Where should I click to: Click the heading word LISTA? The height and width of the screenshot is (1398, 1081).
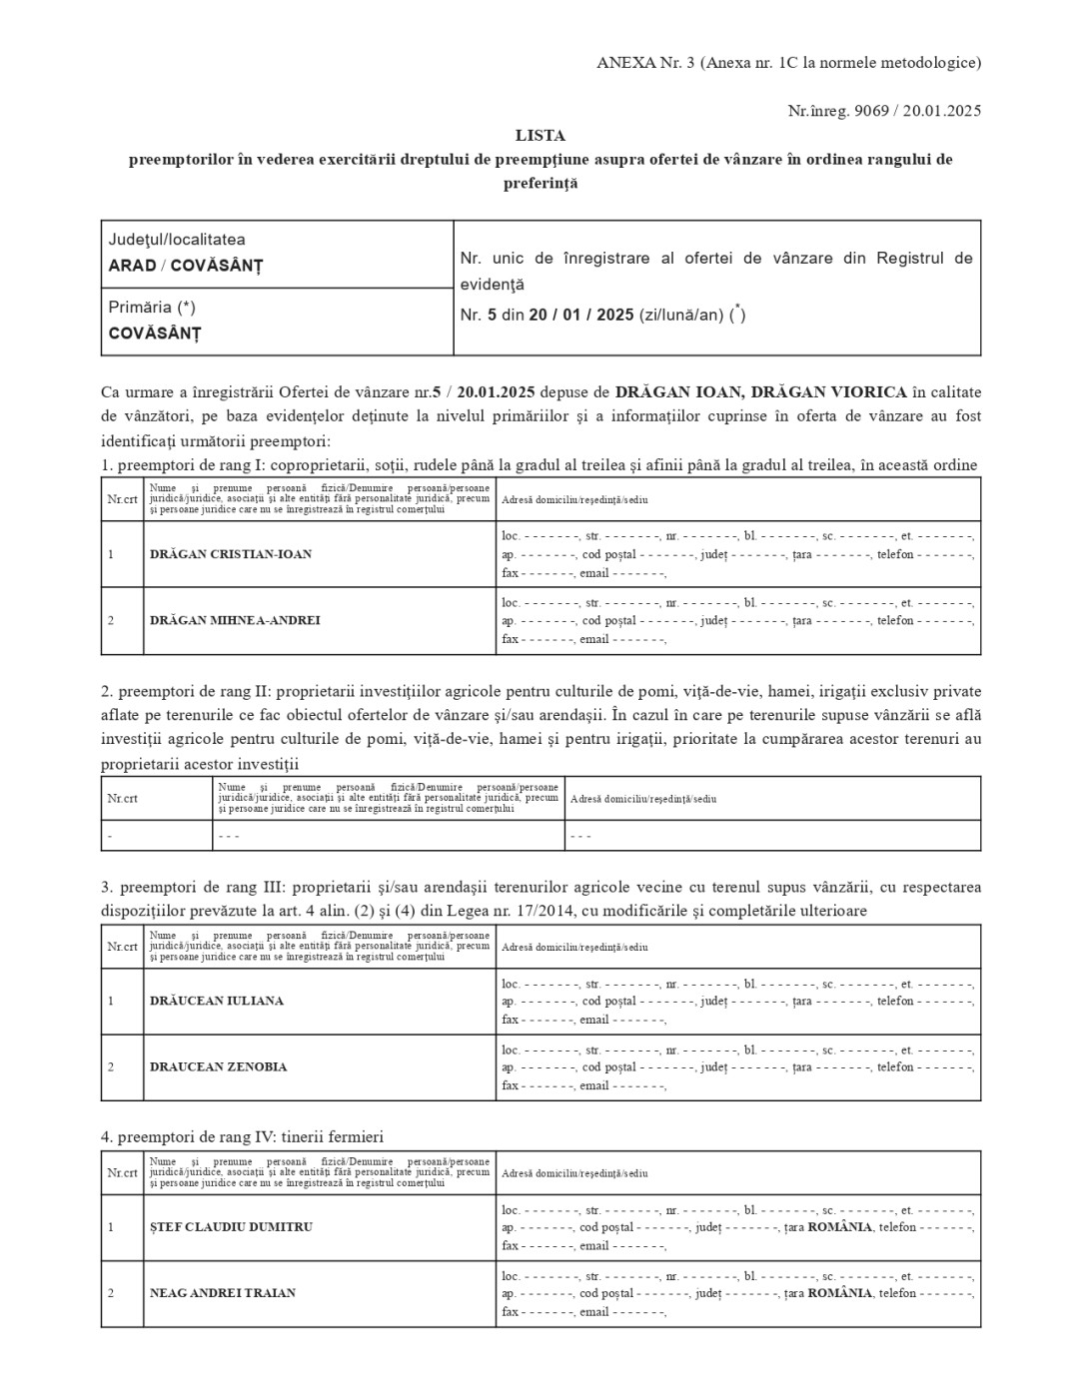point(540,135)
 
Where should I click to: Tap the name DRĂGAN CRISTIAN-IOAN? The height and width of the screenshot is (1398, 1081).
point(231,554)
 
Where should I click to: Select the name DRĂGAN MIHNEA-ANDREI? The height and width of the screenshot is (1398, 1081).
point(235,620)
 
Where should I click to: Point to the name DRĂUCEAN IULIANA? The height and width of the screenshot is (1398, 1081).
point(217,1001)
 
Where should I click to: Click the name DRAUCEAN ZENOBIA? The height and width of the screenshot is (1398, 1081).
point(218,1066)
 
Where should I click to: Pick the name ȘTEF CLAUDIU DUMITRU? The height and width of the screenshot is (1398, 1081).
point(231,1227)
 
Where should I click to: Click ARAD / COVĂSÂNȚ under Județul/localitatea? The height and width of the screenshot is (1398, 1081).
point(186,266)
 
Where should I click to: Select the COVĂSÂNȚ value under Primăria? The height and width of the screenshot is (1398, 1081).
point(155,334)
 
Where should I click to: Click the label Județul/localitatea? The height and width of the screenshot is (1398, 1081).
point(177,240)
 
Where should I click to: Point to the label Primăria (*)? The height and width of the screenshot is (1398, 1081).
point(152,308)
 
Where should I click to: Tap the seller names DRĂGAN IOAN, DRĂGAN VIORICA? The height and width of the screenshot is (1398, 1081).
point(761,391)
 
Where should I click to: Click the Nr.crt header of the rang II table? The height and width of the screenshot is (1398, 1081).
point(123,799)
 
